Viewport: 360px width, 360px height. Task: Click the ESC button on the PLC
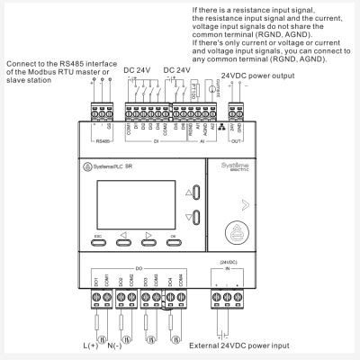99,240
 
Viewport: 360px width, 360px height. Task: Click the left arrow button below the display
124,240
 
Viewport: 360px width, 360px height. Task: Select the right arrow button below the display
149,240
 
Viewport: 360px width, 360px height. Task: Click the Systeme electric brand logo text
236,168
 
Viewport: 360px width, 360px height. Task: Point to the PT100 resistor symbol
193,101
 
